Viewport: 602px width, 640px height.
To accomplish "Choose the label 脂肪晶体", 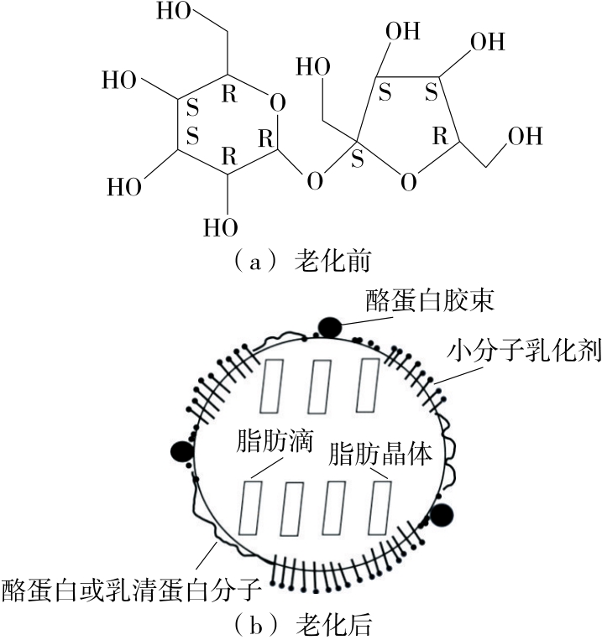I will [380, 454].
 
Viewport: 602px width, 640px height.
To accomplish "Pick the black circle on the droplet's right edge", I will [442, 514].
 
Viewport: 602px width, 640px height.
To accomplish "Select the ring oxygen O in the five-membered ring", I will [407, 181].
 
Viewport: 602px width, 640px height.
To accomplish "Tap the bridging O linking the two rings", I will [314, 180].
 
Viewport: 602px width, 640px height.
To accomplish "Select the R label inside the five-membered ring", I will [438, 137].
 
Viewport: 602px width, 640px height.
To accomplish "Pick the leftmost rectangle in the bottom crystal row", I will [251, 507].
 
